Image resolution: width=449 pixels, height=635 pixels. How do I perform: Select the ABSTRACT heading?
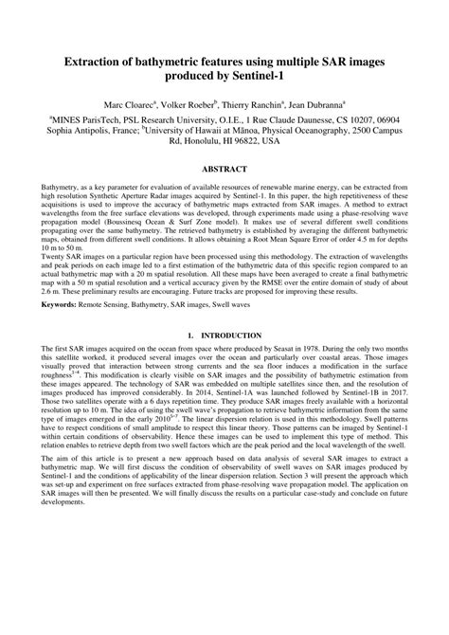pos(224,170)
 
